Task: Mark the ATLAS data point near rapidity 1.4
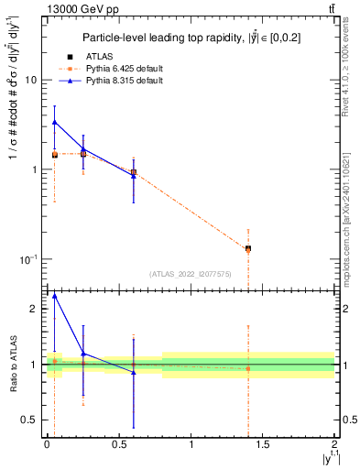248,248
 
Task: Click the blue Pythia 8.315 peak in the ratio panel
55,296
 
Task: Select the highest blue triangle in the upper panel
55,122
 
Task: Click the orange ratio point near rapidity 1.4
248,368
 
